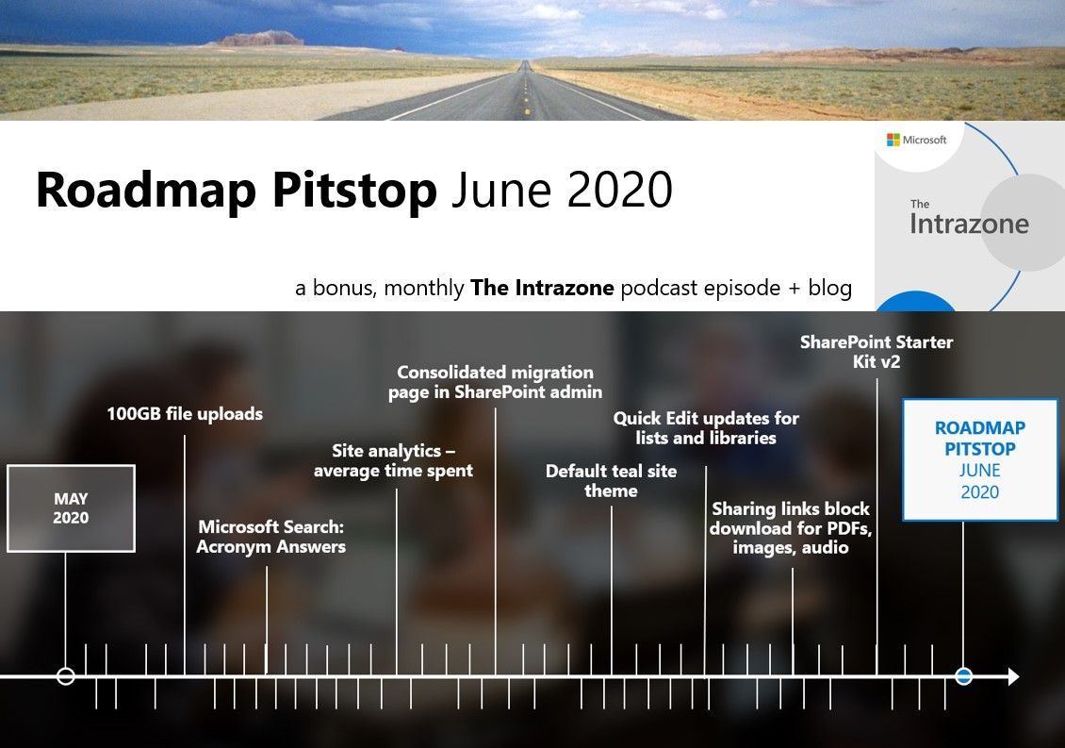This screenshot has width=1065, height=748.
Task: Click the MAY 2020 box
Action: coord(71,507)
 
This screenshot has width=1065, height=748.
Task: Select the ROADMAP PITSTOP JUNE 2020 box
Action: coord(980,459)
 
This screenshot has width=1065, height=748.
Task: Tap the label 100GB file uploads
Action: coord(185,413)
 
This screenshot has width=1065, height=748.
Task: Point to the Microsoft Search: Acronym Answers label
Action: coord(271,537)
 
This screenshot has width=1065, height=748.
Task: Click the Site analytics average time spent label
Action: coord(393,460)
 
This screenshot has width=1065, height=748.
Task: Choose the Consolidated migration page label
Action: coord(495,382)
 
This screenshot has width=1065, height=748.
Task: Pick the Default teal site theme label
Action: coord(611,480)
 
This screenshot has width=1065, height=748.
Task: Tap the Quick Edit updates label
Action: coord(706,427)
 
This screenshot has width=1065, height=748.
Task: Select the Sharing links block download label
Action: coord(791,527)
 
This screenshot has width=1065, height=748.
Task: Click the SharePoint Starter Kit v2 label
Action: coord(877,351)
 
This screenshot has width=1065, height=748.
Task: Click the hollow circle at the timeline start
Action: coord(65,676)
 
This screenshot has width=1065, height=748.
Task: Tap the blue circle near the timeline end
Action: coord(963,676)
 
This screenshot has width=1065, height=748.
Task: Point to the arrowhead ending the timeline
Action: coord(1013,676)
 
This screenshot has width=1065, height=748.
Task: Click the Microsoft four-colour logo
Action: coord(893,140)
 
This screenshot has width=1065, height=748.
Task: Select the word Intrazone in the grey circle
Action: coord(970,224)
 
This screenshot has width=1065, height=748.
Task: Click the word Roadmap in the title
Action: coord(142,190)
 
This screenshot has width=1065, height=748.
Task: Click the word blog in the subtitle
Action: coord(829,288)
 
